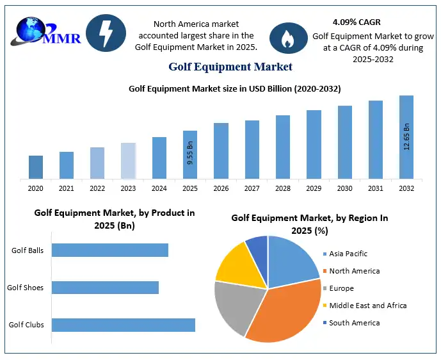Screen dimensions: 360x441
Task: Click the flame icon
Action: (288, 38)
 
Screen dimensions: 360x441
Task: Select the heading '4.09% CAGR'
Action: (357, 22)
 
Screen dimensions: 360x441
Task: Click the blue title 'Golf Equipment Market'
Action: (230, 67)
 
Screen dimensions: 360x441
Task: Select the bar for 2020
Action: (36, 167)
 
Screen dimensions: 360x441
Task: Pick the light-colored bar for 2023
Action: (129, 160)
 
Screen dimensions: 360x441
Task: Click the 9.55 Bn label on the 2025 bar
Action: (190, 157)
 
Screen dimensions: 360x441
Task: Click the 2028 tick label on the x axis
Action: (283, 188)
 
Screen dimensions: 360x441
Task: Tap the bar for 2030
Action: (345, 142)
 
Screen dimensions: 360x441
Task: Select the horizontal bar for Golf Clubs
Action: (123, 325)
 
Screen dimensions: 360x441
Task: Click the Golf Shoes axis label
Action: (26, 288)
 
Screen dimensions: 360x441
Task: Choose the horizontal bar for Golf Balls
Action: (109, 250)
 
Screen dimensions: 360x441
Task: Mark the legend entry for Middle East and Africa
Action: (367, 306)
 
